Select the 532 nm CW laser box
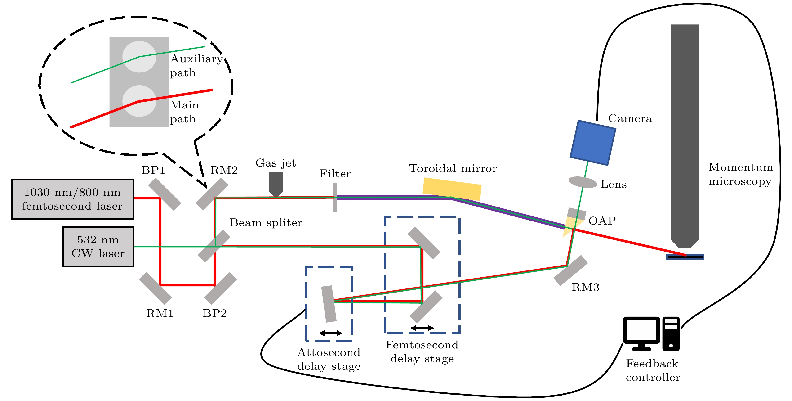[x=98, y=247]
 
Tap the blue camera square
[x=592, y=143]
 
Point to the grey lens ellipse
[x=582, y=182]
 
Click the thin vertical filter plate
[x=335, y=197]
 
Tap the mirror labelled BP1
[x=164, y=194]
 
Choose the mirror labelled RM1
[x=155, y=288]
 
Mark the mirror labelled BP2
[x=220, y=288]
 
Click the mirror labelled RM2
[x=212, y=194]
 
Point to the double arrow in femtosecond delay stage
[x=422, y=328]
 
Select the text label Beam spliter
[x=266, y=222]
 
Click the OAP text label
[x=602, y=221]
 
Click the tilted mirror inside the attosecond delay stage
[x=329, y=304]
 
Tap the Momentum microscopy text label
[x=740, y=174]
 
